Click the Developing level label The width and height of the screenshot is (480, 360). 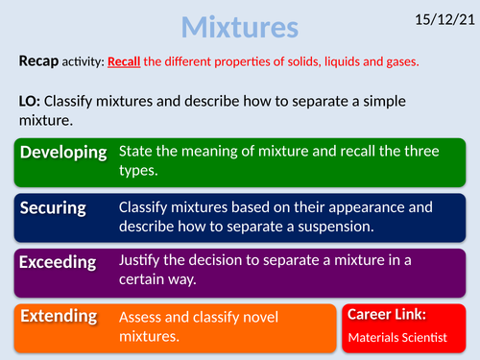[x=62, y=154]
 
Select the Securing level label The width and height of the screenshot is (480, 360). [x=54, y=207]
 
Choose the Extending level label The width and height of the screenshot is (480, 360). [x=60, y=315]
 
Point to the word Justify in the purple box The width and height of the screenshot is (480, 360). [x=143, y=259]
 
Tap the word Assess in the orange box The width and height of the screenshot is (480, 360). [x=144, y=316]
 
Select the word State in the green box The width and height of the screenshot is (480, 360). [x=137, y=151]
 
